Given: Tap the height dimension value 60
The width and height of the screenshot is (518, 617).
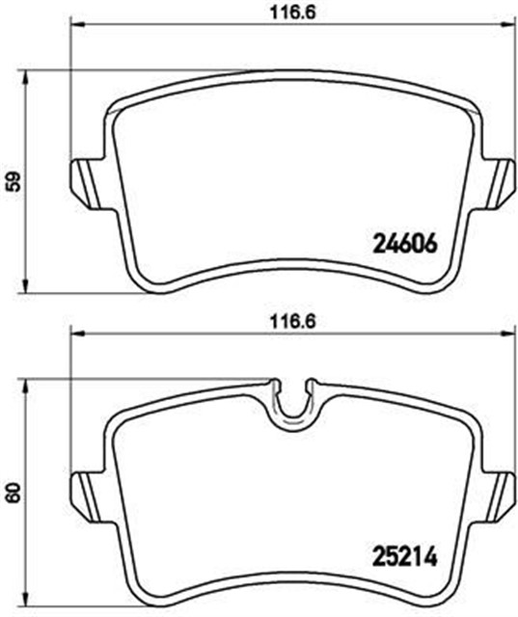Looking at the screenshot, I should (x=12, y=494).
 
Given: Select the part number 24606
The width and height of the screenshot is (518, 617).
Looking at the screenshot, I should (x=405, y=244).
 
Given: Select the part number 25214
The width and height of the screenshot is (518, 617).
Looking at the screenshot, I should (x=405, y=556).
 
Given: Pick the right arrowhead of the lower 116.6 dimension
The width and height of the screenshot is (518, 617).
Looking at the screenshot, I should (x=506, y=335).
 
